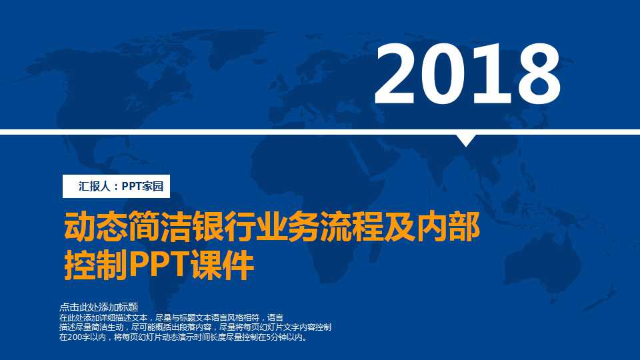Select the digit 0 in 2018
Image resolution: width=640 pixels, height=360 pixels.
click(x=445, y=75)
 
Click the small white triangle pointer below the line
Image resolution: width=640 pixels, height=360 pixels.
click(x=466, y=140)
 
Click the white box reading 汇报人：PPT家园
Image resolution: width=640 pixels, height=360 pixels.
click(x=117, y=187)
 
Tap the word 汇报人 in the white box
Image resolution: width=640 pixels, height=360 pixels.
click(x=93, y=187)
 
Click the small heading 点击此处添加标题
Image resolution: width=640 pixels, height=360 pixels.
click(x=98, y=307)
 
